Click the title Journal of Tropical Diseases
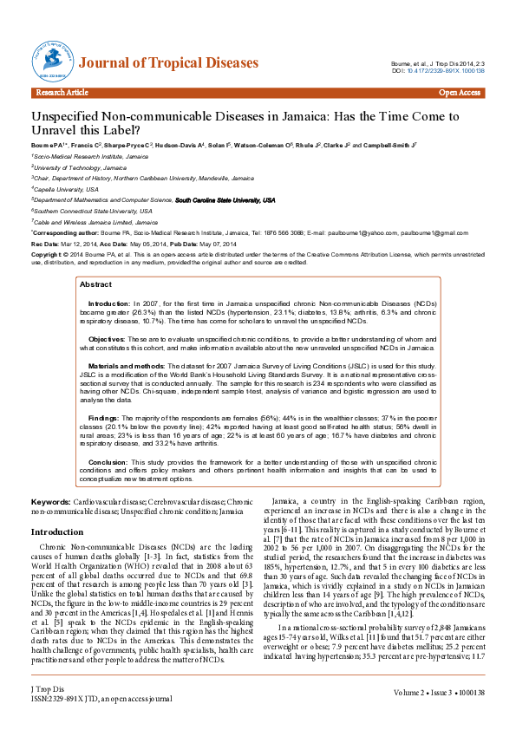[168, 63]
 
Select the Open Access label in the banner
[460, 92]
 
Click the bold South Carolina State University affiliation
[225, 199]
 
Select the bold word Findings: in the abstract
[103, 419]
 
